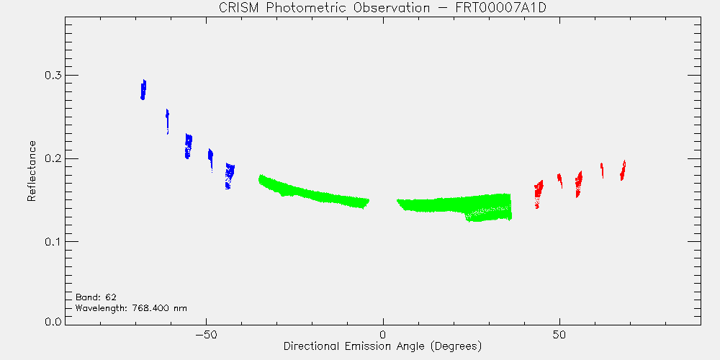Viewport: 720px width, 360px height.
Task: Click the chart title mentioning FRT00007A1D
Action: (x=382, y=8)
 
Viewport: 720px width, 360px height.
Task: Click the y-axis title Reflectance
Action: (x=32, y=171)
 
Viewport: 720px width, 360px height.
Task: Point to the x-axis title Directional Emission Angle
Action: (x=382, y=346)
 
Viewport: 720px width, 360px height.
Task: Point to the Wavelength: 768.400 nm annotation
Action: (x=131, y=307)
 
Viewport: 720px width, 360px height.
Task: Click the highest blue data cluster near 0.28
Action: (x=143, y=89)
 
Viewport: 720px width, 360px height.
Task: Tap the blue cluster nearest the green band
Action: (x=230, y=176)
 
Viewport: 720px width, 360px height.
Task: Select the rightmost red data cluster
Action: (x=623, y=171)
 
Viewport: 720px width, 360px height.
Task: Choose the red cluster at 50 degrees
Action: (x=559, y=181)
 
